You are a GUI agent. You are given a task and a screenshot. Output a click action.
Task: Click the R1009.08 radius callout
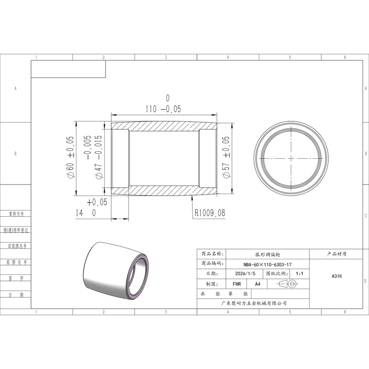pyautogui.click(x=210, y=213)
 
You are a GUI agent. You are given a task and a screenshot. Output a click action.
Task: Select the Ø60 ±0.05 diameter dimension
pyautogui.click(x=70, y=157)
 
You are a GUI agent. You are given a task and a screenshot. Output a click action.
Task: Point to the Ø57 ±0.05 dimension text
pyautogui.click(x=226, y=157)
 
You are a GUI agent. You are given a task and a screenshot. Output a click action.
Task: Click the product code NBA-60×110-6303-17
pyautogui.click(x=268, y=264)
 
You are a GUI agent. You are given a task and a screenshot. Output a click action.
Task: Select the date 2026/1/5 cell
pyautogui.click(x=245, y=274)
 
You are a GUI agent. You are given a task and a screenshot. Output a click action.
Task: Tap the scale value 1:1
pyautogui.click(x=299, y=274)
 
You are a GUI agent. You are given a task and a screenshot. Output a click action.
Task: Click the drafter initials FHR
pyautogui.click(x=237, y=284)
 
